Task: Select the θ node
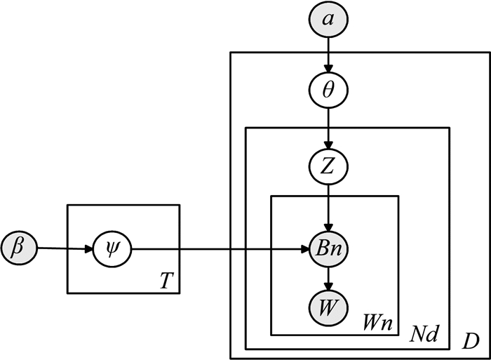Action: pyautogui.click(x=328, y=91)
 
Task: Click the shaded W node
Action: pyautogui.click(x=328, y=307)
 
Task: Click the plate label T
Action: pyautogui.click(x=163, y=281)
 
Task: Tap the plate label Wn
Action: pyautogui.click(x=375, y=324)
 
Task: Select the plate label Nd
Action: pyautogui.click(x=424, y=335)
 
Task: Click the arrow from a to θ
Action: pyautogui.click(x=328, y=55)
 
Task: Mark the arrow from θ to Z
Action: pyautogui.click(x=328, y=130)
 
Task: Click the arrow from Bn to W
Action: pyautogui.click(x=328, y=278)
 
